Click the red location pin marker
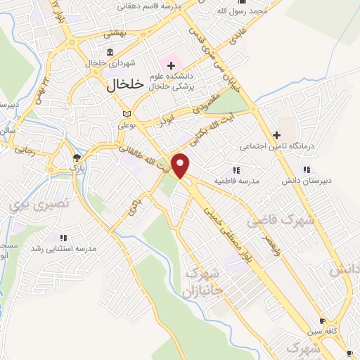(181, 165)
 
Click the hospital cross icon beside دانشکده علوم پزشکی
(171, 66)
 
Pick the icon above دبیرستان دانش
(306, 169)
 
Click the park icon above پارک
(76, 157)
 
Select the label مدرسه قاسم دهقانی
(150, 6)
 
